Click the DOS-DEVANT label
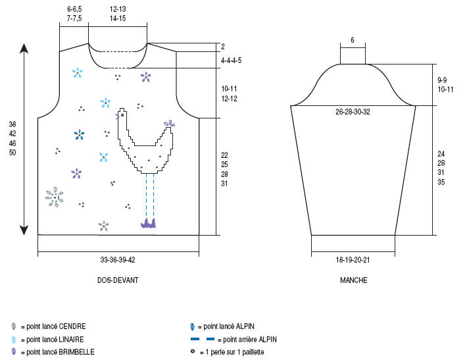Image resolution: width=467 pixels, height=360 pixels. point(117,280)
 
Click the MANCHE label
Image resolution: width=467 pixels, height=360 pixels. point(353,280)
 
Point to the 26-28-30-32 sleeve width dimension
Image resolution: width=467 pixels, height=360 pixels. point(353,112)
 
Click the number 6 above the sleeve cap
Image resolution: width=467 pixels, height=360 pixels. point(353,40)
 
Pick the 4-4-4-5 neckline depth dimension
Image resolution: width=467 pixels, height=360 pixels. point(231,61)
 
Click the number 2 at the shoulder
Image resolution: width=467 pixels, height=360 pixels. point(223,47)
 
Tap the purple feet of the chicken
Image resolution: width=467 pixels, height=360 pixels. point(149,224)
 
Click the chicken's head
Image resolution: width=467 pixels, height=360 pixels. point(122,114)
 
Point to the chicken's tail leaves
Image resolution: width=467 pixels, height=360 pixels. point(170,123)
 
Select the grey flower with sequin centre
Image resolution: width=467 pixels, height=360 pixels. point(54,197)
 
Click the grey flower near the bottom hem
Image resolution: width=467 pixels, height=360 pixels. point(103,226)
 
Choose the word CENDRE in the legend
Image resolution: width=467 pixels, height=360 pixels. point(72,326)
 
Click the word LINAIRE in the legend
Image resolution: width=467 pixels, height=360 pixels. point(71,339)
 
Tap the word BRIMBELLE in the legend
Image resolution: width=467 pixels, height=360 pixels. point(76,352)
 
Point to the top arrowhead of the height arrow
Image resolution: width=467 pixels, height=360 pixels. point(24,48)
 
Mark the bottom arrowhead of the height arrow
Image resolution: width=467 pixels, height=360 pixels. point(24,230)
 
